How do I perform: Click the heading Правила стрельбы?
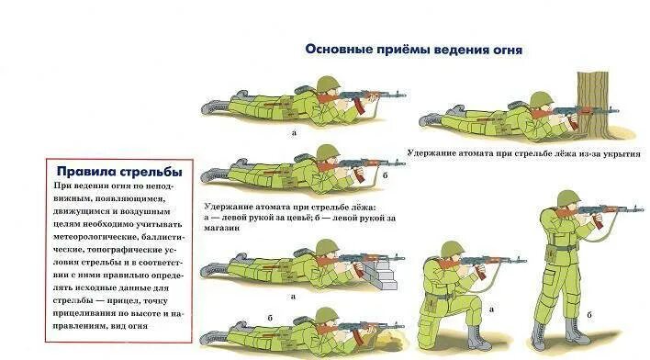(x=119, y=172)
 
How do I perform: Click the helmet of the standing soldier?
(x=568, y=198)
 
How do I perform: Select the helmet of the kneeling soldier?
(x=453, y=249)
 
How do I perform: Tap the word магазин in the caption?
(x=222, y=228)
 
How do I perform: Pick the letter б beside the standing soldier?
(x=589, y=315)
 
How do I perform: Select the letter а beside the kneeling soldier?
(x=492, y=309)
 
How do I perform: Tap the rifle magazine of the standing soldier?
(x=598, y=220)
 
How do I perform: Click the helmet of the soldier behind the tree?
(x=542, y=99)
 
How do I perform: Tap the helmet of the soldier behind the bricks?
(x=328, y=248)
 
